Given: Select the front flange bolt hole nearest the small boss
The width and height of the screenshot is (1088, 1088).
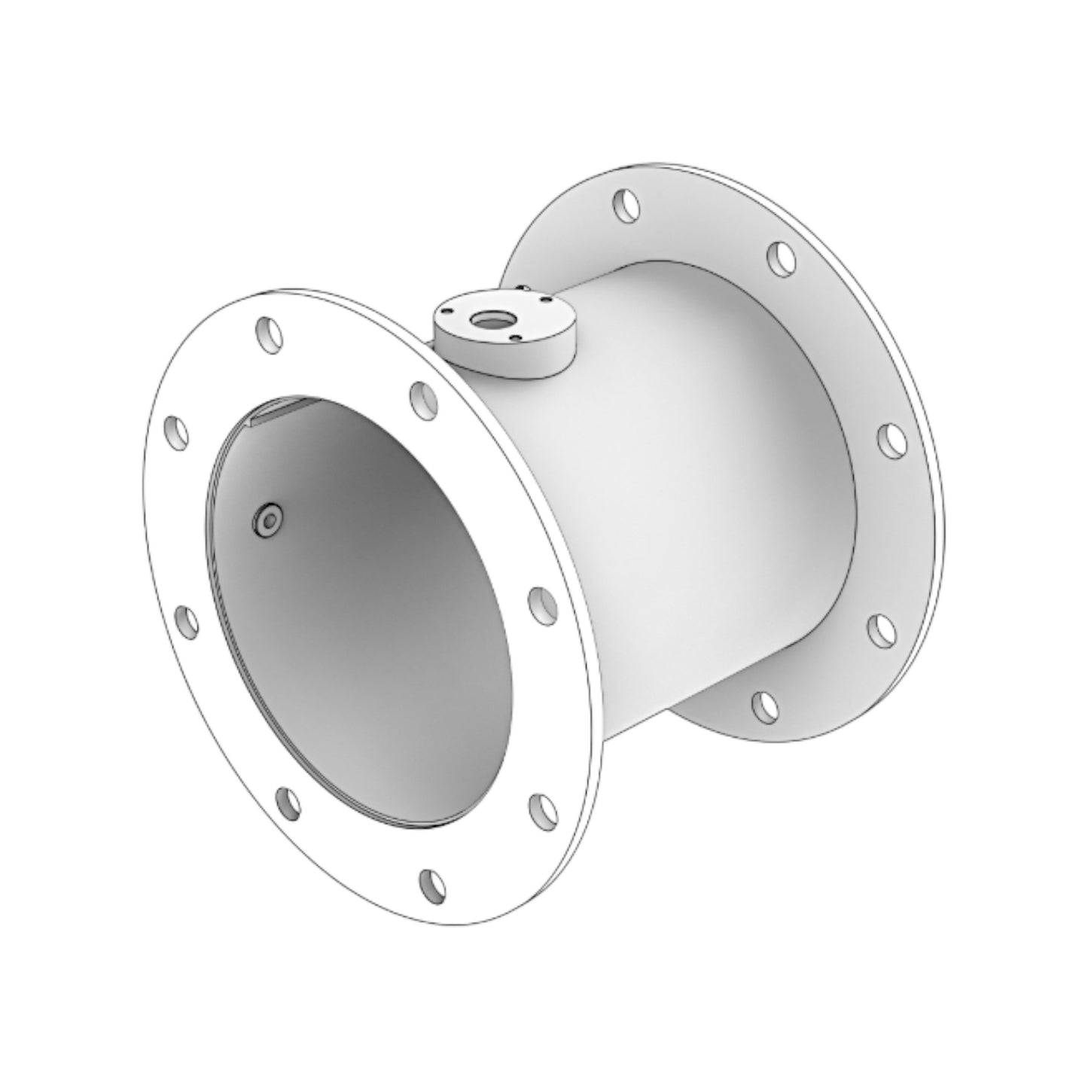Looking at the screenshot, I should click(x=423, y=398).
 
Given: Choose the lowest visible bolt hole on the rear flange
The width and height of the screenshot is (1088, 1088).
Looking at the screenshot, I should click(x=765, y=706).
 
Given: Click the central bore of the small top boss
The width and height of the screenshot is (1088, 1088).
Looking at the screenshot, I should click(x=482, y=322).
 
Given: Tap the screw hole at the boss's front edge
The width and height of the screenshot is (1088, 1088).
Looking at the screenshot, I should click(x=514, y=337).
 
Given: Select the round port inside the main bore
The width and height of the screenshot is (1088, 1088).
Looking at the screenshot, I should click(x=267, y=520).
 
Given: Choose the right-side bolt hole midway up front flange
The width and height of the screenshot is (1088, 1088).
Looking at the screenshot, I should click(x=541, y=603).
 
